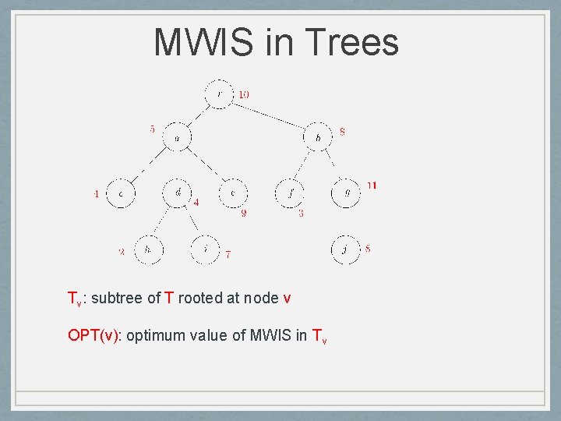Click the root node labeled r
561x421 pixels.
(x=219, y=95)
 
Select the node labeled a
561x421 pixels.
(x=177, y=138)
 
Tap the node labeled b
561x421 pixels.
(x=318, y=138)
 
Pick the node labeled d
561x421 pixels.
(x=178, y=192)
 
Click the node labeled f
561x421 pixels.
(x=291, y=192)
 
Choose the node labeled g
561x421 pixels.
(x=347, y=192)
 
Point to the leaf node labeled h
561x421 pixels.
(x=148, y=249)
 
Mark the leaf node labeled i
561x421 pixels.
(x=205, y=249)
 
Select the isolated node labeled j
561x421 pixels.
(x=345, y=249)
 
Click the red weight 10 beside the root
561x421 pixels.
(x=244, y=94)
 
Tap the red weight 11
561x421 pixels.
(x=372, y=186)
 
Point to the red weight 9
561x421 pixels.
(x=244, y=213)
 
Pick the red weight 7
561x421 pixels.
(x=228, y=253)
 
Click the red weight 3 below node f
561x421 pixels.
(x=301, y=213)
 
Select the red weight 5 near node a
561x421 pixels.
(x=152, y=129)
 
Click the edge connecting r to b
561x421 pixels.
(x=269, y=115)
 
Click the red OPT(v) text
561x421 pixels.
(x=94, y=336)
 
